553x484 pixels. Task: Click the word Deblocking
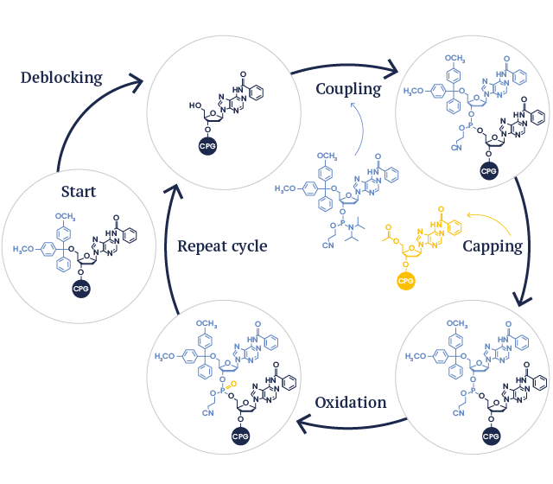[60, 78]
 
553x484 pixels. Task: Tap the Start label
[78, 191]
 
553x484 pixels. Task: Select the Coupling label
[348, 89]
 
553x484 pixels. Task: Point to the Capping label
[493, 246]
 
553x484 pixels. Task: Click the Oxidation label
[350, 403]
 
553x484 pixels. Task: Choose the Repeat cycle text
[222, 246]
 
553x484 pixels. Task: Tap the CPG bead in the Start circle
[81, 288]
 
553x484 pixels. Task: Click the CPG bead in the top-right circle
[489, 171]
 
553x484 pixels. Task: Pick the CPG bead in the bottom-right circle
[490, 436]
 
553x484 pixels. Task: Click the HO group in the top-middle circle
[196, 106]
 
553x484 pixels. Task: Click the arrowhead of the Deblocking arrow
[136, 81]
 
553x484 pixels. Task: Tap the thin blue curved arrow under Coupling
[360, 130]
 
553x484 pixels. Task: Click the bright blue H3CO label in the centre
[288, 188]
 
